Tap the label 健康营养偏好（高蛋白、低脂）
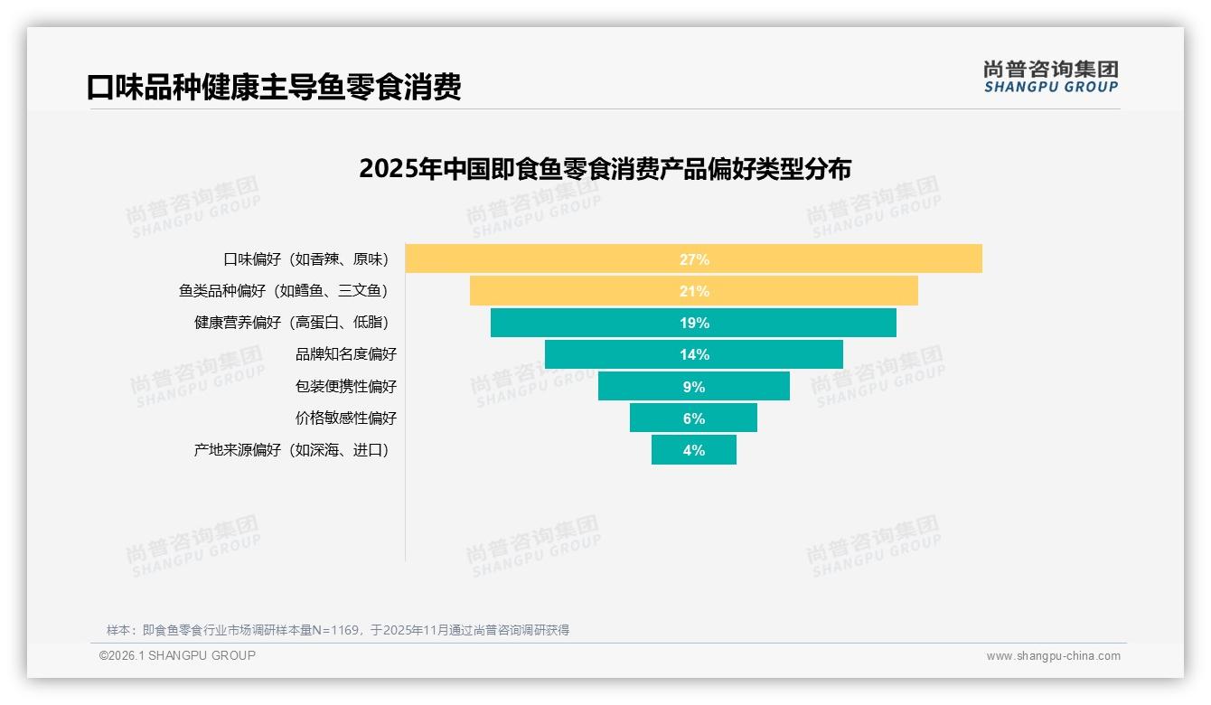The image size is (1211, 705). click(x=295, y=323)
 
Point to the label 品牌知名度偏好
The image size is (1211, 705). click(x=345, y=354)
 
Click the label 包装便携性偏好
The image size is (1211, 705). click(x=345, y=386)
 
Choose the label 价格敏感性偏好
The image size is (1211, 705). click(x=345, y=418)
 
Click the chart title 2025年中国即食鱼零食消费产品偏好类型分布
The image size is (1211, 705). click(x=605, y=169)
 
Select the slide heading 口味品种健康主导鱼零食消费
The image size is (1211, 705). click(x=274, y=87)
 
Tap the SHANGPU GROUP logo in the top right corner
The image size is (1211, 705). click(x=1050, y=77)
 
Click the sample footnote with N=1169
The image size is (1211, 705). click(x=338, y=630)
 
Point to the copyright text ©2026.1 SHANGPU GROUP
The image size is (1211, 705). click(x=177, y=655)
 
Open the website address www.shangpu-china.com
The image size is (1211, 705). click(x=1053, y=656)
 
